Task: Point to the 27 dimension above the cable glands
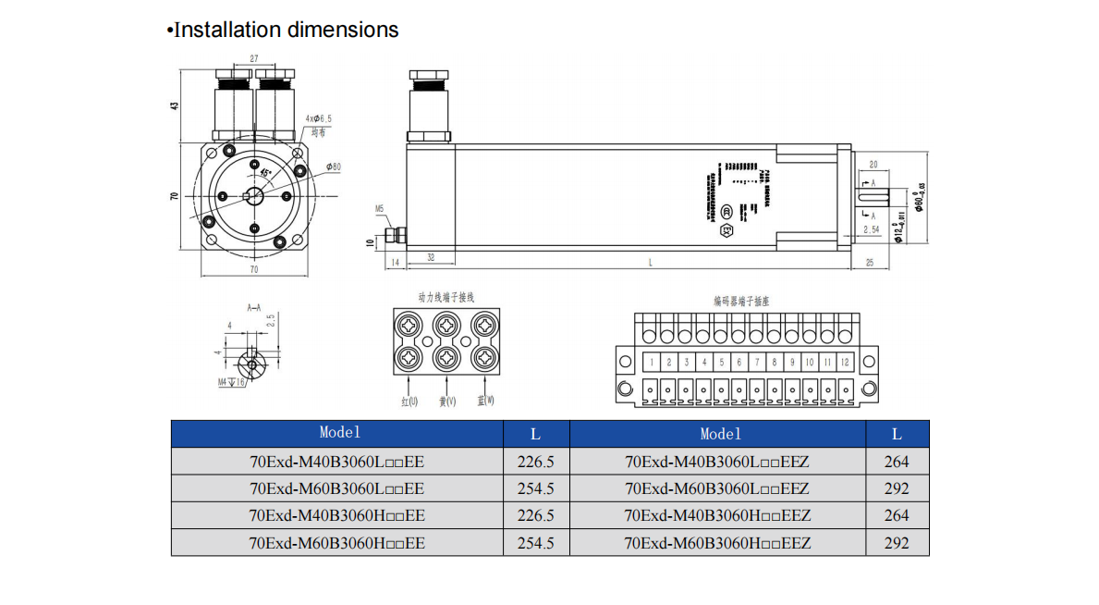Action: click(253, 58)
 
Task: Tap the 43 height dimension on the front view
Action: click(173, 105)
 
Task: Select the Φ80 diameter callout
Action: click(333, 167)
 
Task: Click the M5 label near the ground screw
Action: click(379, 209)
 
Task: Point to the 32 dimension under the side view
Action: click(431, 255)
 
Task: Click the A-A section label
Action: click(253, 306)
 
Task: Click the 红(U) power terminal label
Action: click(409, 401)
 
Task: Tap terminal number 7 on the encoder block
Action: click(756, 363)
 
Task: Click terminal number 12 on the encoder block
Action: click(844, 363)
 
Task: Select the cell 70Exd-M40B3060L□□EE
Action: click(337, 462)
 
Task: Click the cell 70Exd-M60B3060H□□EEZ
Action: click(717, 543)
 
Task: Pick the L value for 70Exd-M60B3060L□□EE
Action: click(535, 488)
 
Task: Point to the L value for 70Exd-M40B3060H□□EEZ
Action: click(897, 515)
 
